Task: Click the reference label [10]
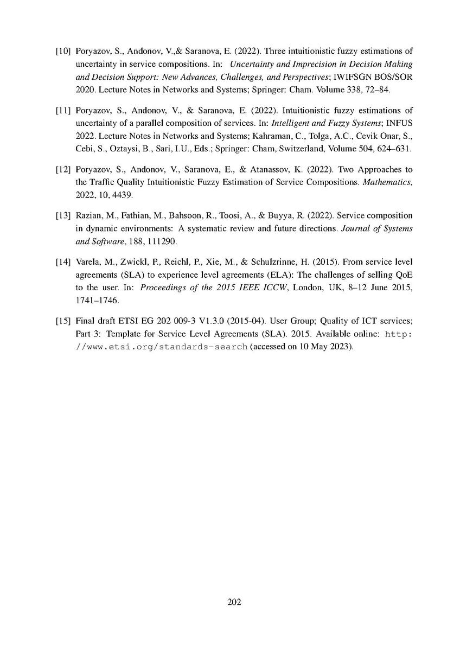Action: (62, 52)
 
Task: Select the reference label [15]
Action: (62, 321)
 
